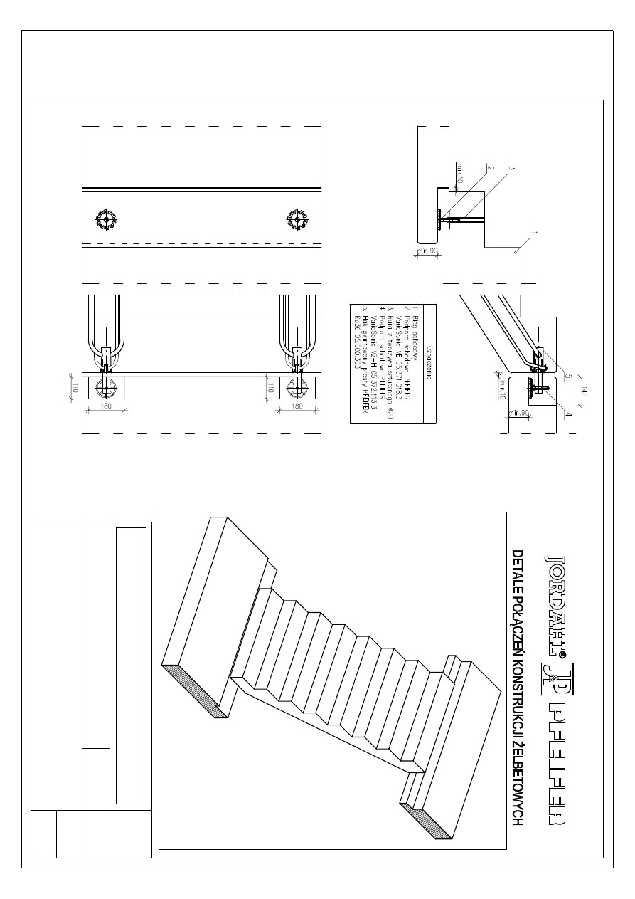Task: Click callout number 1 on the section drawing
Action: point(534,233)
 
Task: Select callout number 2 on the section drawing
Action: point(490,168)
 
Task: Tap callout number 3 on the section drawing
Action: point(511,168)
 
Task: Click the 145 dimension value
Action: point(582,393)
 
